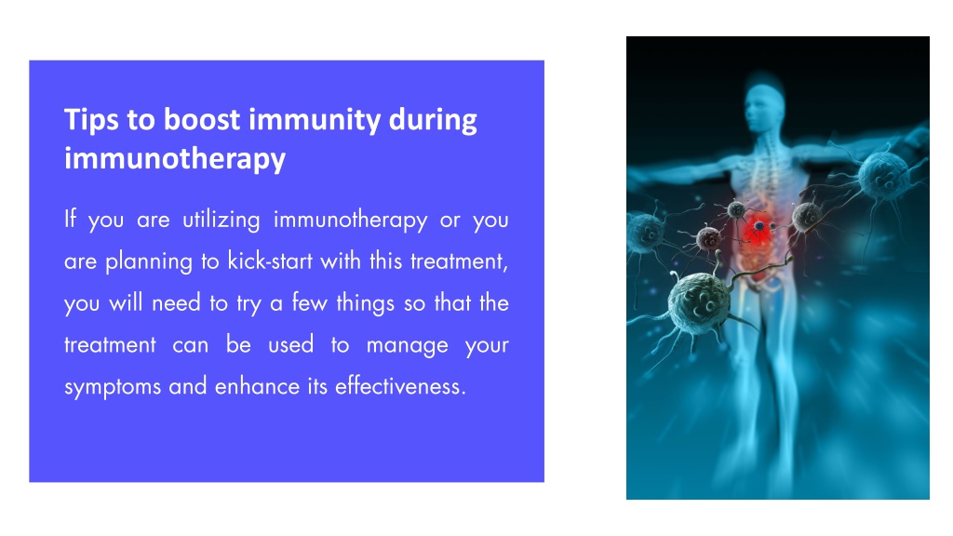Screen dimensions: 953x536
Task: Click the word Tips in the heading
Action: point(91,120)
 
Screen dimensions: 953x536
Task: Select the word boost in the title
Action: point(202,119)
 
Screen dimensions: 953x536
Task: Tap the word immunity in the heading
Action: point(315,120)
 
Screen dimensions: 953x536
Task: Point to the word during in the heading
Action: point(433,120)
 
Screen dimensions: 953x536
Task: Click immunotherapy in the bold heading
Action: point(175,159)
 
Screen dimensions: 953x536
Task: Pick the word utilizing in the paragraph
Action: point(221,220)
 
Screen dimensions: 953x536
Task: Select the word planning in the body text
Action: point(149,261)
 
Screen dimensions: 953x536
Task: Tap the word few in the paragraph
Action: point(309,302)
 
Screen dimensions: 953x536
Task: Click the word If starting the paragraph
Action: point(71,219)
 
